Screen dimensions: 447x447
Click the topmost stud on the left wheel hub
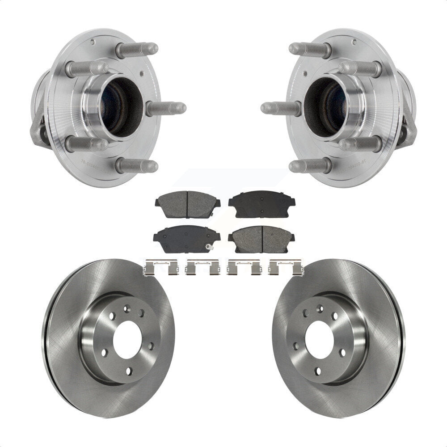137,49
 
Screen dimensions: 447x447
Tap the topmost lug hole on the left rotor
127,308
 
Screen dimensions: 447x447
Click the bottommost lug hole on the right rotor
317,371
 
